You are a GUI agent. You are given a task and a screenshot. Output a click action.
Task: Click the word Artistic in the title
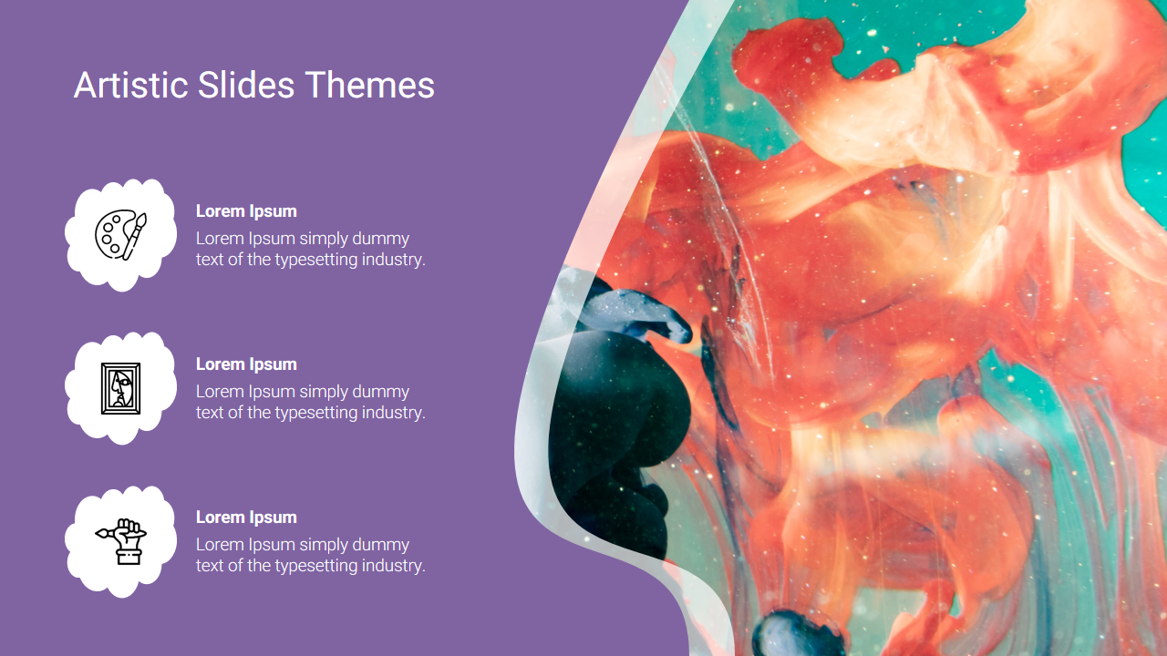pyautogui.click(x=130, y=85)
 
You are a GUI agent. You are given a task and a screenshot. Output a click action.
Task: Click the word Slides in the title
pyautogui.click(x=246, y=85)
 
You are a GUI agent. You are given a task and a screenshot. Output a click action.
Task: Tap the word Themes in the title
pyautogui.click(x=369, y=85)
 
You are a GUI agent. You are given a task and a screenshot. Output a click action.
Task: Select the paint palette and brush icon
pyautogui.click(x=121, y=234)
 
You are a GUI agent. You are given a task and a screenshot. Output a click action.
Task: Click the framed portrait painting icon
pyautogui.click(x=121, y=388)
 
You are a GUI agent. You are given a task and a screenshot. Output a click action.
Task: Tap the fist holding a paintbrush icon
pyautogui.click(x=121, y=541)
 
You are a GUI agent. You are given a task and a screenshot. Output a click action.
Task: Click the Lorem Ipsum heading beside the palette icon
pyautogui.click(x=246, y=210)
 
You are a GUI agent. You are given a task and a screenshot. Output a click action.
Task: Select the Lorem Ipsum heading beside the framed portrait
pyautogui.click(x=246, y=364)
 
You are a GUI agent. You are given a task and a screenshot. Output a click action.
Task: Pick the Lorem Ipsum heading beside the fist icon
pyautogui.click(x=246, y=517)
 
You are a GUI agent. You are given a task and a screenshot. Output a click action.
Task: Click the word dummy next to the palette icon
pyautogui.click(x=381, y=239)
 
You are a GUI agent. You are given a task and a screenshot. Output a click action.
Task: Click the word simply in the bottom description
pyautogui.click(x=324, y=545)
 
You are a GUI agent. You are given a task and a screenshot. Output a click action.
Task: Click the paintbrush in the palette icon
pyautogui.click(x=135, y=236)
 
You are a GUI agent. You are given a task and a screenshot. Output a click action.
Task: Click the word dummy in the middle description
pyautogui.click(x=381, y=392)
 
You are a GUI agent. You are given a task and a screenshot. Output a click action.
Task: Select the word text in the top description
pyautogui.click(x=210, y=260)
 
